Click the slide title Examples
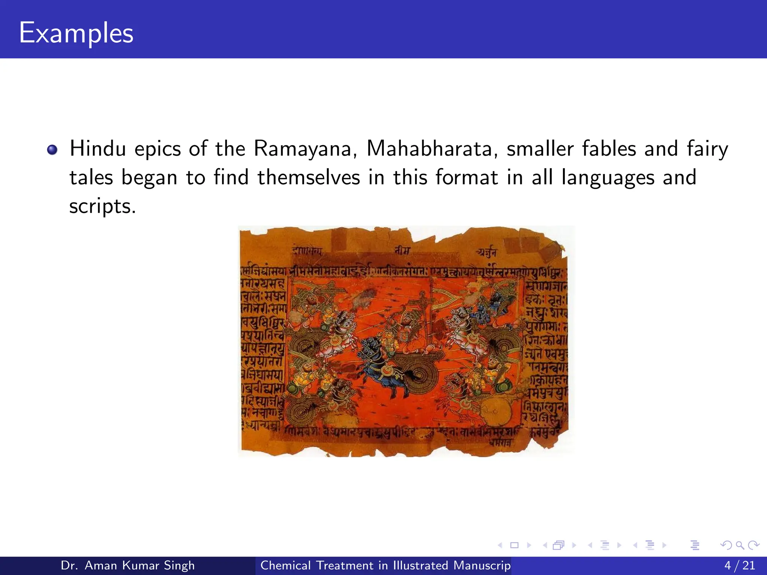pyautogui.click(x=76, y=33)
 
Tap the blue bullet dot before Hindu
pyautogui.click(x=52, y=150)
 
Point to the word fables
pyautogui.click(x=609, y=149)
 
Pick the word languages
pyautogui.click(x=608, y=178)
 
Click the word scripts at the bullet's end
pyautogui.click(x=102, y=206)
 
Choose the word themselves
pyautogui.click(x=308, y=177)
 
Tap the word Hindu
pyautogui.click(x=98, y=149)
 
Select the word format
pyautogui.click(x=467, y=177)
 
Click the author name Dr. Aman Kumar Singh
pyautogui.click(x=128, y=565)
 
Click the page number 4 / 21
pyautogui.click(x=740, y=565)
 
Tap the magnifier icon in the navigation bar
pyautogui.click(x=739, y=545)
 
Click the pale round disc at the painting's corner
pyautogui.click(x=494, y=412)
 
